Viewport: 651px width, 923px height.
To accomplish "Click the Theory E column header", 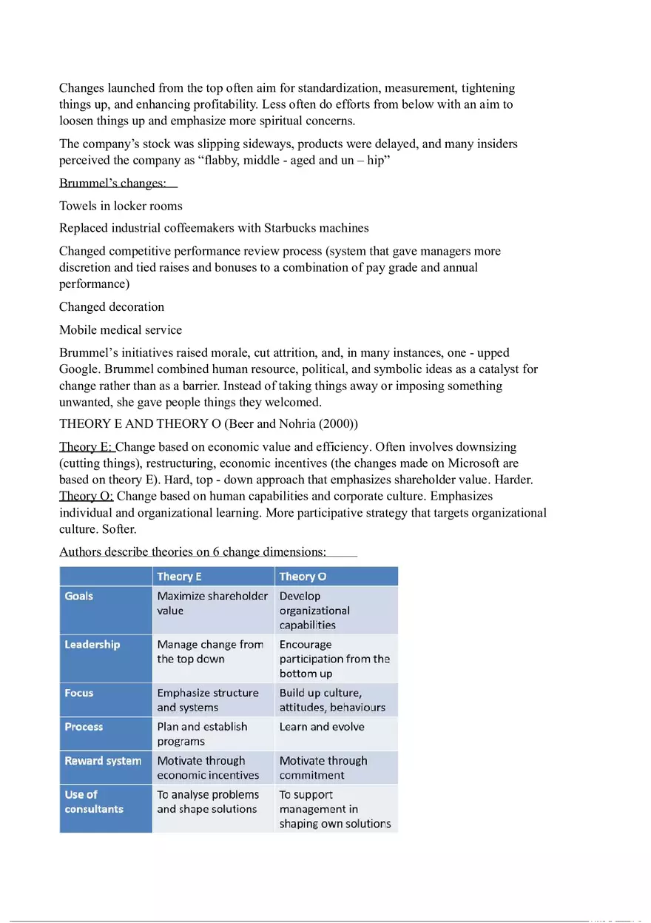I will point(180,577).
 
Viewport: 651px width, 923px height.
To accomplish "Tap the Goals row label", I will point(79,596).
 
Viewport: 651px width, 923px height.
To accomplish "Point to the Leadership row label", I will point(92,645).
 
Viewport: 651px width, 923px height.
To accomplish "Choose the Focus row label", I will point(79,694).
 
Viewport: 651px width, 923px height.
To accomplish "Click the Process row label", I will point(84,727).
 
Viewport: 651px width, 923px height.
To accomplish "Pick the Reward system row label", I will point(103,761).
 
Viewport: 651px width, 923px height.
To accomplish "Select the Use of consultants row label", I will point(94,802).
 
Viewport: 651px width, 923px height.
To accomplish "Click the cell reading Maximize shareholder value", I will point(212,603).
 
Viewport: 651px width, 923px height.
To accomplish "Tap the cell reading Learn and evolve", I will point(322,727).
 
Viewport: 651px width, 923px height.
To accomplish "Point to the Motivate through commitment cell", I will point(323,768).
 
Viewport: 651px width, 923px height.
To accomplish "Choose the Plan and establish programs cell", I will point(202,734).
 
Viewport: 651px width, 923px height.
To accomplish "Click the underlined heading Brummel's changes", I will point(112,183).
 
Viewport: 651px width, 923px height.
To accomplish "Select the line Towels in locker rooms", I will point(121,206).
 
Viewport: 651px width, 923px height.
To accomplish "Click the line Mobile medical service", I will point(121,330).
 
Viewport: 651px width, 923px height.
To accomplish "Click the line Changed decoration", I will point(112,307).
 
